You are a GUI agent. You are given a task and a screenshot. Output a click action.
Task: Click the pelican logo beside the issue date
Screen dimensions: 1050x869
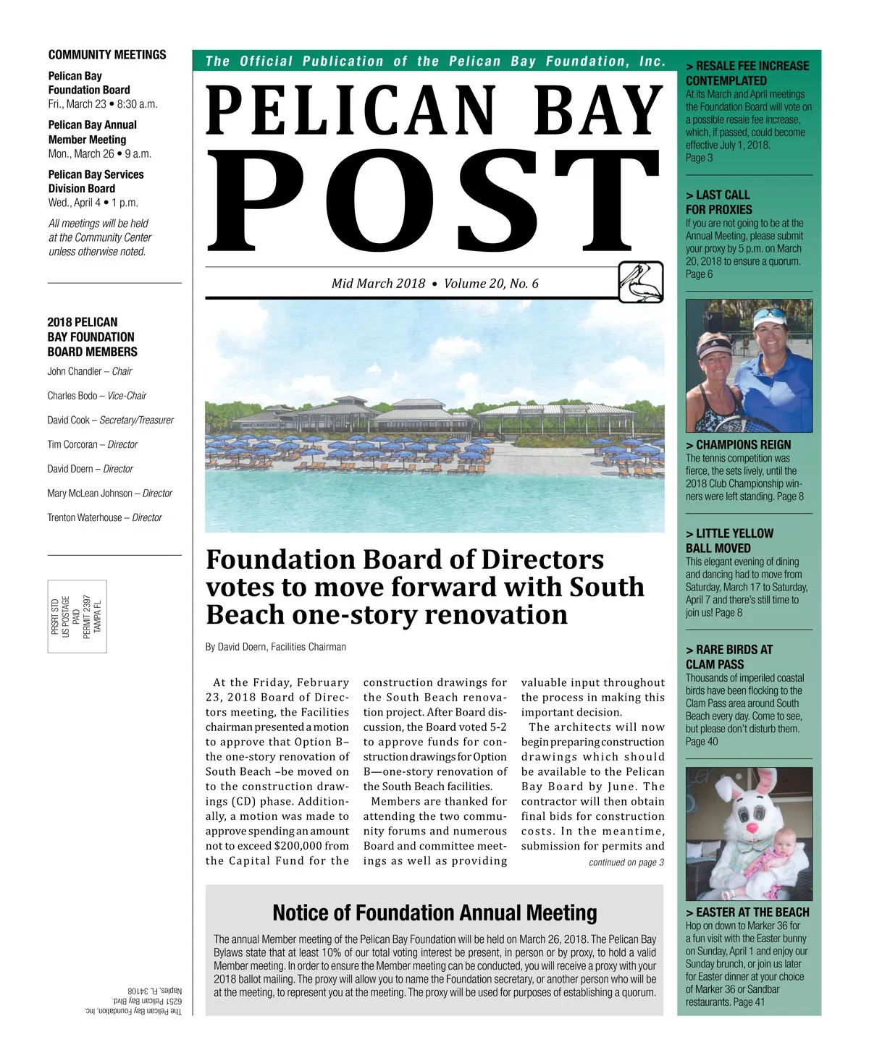(641, 282)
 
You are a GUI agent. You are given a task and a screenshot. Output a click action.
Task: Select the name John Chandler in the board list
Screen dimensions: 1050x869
(75, 371)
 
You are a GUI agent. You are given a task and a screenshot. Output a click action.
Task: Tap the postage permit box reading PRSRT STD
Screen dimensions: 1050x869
(77, 617)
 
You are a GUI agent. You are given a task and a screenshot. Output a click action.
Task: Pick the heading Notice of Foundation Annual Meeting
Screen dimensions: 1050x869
(434, 913)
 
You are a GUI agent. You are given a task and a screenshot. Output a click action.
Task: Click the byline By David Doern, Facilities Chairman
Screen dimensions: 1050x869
(276, 647)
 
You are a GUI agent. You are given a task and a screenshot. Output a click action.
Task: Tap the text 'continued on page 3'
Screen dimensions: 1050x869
(626, 863)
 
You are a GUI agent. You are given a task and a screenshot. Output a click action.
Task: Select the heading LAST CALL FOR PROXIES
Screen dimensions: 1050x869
(718, 202)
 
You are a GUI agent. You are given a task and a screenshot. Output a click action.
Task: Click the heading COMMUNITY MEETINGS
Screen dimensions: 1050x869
(107, 55)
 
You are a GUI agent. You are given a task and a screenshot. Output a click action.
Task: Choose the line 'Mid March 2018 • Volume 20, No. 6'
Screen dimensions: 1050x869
(434, 284)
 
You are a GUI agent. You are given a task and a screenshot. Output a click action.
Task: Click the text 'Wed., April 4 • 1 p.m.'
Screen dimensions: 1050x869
(93, 203)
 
